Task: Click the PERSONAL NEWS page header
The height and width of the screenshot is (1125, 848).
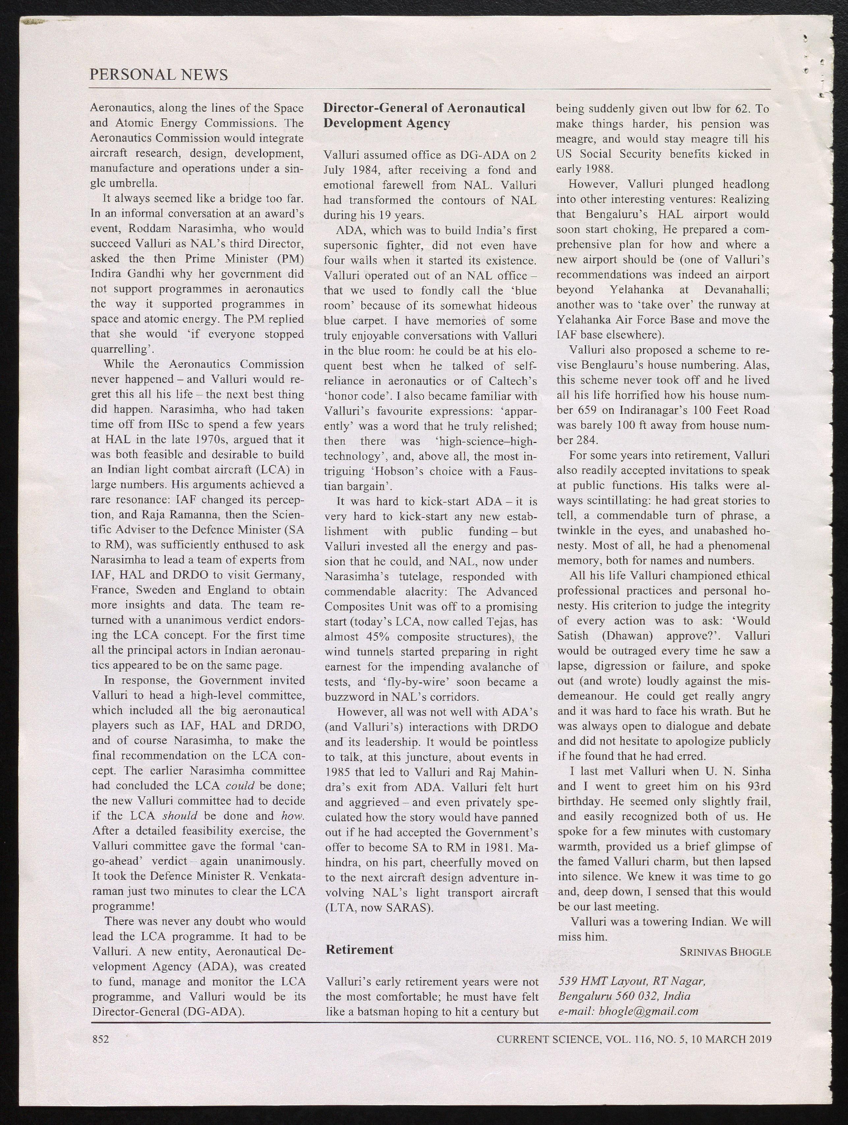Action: click(158, 75)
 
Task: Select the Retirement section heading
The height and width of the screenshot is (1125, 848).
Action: click(359, 950)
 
